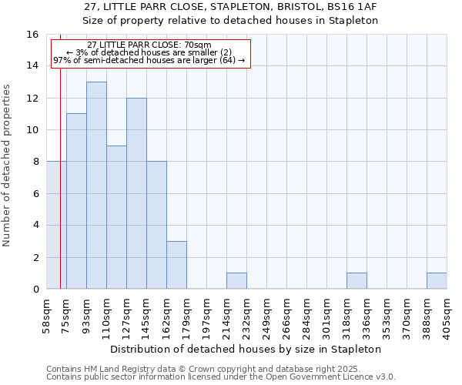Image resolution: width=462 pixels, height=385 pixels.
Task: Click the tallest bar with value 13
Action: click(x=96, y=185)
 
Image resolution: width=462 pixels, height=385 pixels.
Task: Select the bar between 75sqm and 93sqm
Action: click(x=76, y=201)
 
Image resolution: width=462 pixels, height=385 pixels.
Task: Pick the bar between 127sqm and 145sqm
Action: click(x=136, y=193)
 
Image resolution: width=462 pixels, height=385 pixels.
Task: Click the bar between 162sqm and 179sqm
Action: click(x=176, y=265)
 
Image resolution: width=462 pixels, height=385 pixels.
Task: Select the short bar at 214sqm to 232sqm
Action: click(x=236, y=281)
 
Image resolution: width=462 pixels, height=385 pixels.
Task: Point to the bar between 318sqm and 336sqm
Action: click(x=357, y=281)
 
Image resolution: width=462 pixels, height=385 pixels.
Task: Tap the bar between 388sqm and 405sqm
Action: click(x=437, y=281)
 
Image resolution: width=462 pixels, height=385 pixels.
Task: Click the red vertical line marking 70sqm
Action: click(x=60, y=231)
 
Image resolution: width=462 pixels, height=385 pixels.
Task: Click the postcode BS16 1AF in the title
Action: click(x=349, y=7)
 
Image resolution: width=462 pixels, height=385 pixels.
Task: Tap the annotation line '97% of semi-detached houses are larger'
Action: click(x=149, y=59)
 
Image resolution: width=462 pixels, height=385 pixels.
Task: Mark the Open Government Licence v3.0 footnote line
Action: click(x=221, y=377)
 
